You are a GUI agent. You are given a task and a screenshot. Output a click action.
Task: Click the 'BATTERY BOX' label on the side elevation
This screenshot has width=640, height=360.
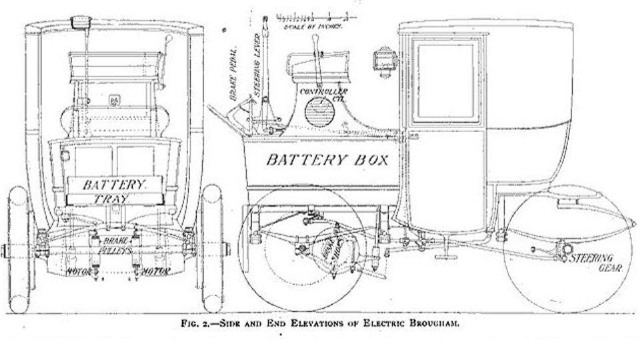click(327, 160)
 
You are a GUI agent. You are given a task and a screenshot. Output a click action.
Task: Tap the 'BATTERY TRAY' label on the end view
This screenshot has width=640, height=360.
click(114, 191)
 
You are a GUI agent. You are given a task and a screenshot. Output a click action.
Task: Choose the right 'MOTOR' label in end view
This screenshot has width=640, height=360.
click(155, 271)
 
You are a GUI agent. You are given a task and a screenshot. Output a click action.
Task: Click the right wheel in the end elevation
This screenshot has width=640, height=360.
click(213, 250)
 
